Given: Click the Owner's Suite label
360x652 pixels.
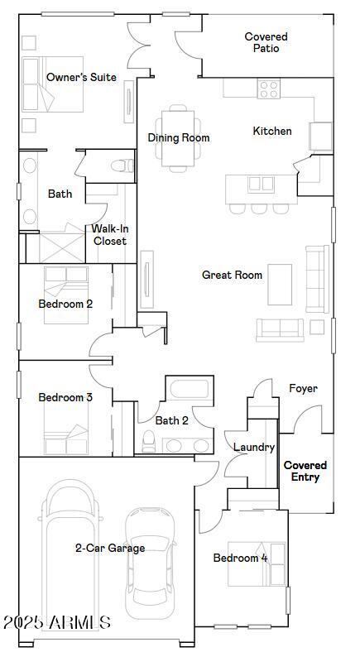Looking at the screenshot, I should pos(81,77).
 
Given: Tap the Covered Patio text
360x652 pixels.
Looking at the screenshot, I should pos(266,42).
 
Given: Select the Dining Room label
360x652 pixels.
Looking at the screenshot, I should pos(179,138).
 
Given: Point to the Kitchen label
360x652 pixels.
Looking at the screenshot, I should pos(271,131).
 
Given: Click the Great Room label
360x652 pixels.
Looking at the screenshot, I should pos(232,275).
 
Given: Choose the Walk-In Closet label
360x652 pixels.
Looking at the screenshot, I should pos(109,235).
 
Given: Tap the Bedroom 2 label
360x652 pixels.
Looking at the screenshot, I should pos(65,304).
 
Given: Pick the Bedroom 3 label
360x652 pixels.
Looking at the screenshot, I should pos(65,397).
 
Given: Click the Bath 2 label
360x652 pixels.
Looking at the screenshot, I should pos(172,420).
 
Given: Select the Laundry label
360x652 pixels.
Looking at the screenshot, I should pos(253,447).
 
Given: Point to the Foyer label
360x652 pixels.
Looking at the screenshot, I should pos(303,388).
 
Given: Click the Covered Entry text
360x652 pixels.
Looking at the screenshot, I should pos(305,471).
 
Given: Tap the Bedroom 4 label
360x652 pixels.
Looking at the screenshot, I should pos(240,558).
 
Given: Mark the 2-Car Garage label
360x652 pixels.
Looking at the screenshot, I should pos(110,548).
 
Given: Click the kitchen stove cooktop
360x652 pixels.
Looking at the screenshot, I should pos(268,85).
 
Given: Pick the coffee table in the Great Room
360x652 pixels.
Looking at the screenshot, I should pos(280,285).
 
